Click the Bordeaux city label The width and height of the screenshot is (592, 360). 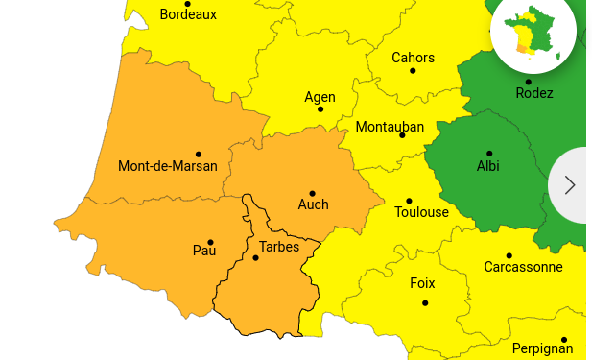[188, 15]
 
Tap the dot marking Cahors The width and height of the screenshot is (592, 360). [413, 70]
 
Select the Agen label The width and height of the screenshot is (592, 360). [320, 97]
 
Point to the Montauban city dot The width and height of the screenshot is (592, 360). [402, 135]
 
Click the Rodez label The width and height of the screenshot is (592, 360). [534, 93]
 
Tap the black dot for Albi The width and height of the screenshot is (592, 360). [489, 154]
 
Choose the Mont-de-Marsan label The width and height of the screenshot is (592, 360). [168, 166]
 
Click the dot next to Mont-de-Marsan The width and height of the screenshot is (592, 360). [199, 154]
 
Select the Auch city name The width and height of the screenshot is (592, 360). [313, 204]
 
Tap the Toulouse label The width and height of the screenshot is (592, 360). [421, 212]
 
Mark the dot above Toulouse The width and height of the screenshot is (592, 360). [409, 201]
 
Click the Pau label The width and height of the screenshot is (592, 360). [204, 251]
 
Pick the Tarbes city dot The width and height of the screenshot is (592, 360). [255, 257]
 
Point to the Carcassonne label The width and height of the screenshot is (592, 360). [523, 267]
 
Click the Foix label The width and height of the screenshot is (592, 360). [422, 283]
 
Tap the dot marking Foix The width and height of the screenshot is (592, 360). [425, 303]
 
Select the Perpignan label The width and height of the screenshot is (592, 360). [542, 348]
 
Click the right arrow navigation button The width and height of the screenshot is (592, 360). [570, 184]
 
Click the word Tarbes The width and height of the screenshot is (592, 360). [279, 247]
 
